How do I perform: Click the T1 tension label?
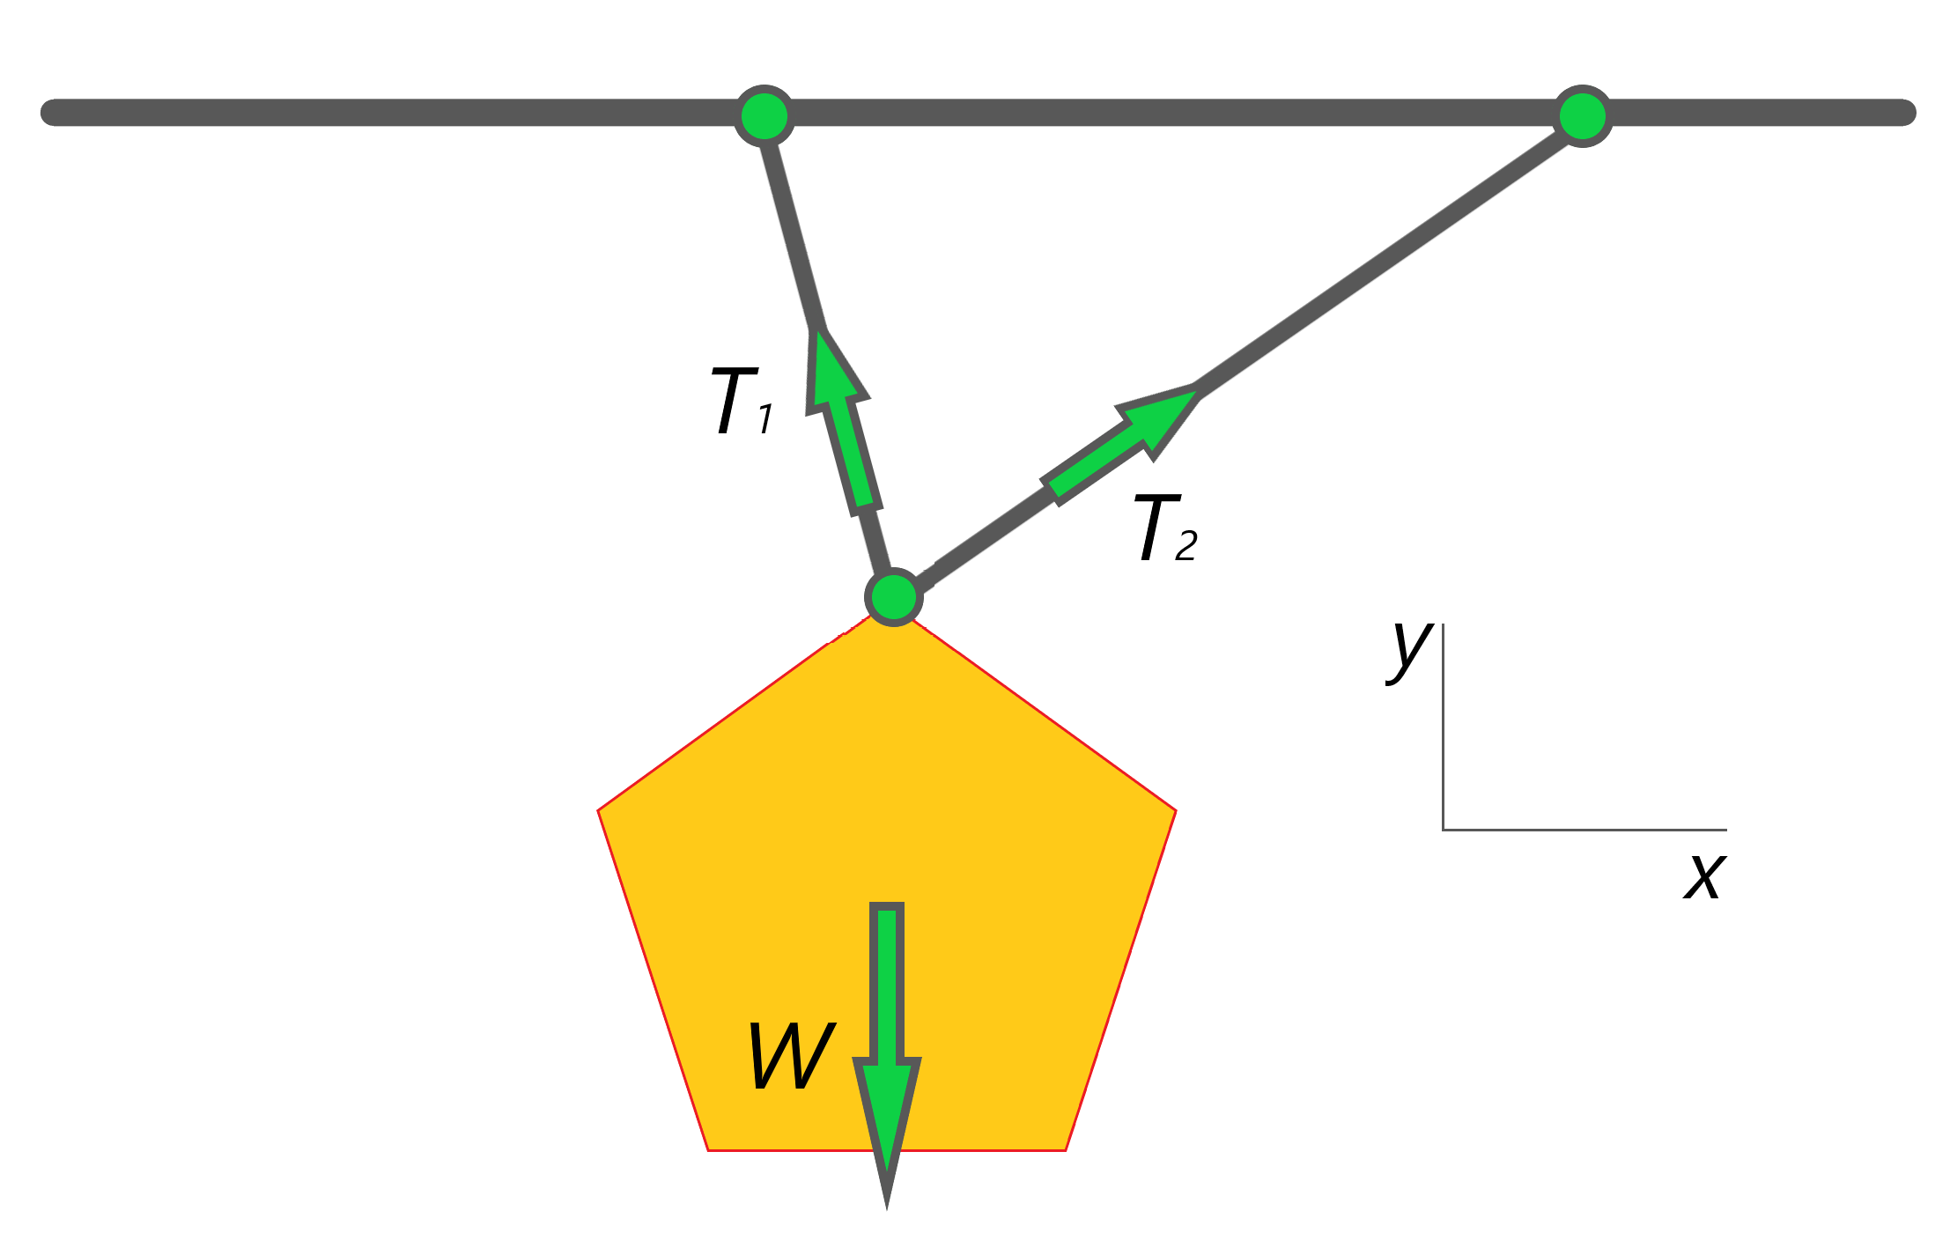[742, 402]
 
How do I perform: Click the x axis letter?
[1704, 876]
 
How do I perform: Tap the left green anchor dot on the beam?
[764, 115]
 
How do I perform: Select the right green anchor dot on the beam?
[1583, 115]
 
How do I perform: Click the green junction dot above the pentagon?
[894, 597]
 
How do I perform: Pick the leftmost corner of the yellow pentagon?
[599, 810]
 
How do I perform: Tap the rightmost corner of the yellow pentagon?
[1176, 810]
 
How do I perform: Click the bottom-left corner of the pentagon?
[709, 1149]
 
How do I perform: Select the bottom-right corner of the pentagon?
[1066, 1149]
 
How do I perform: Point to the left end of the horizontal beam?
[53, 113]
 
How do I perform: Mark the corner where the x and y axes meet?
[1443, 830]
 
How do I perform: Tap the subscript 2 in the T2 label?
[1186, 546]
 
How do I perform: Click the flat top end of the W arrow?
[887, 907]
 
